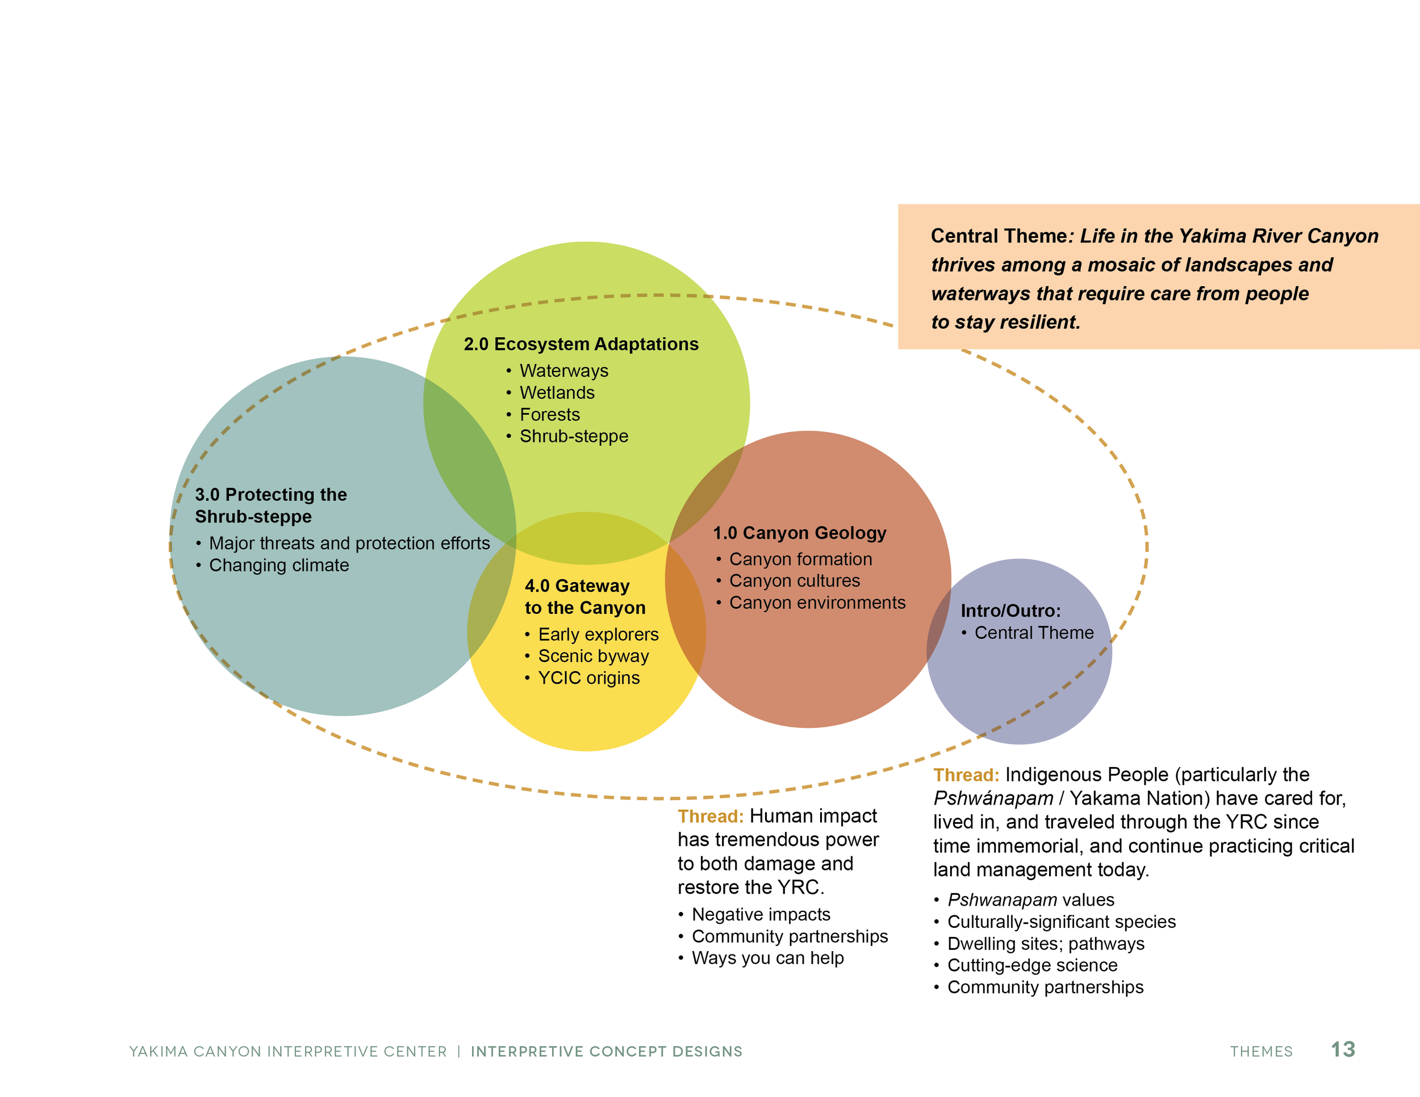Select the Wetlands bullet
557,392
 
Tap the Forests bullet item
549,414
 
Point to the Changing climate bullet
278,566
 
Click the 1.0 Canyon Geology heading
799,533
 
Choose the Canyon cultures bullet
794,580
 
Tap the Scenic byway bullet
593,656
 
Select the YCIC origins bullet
588,678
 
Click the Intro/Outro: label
1010,611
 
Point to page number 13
1343,1049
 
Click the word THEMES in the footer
1261,1052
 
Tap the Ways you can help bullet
767,958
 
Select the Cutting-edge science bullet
1032,965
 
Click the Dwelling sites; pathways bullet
1046,944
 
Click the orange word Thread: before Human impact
710,817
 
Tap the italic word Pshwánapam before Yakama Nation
993,798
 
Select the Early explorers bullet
598,634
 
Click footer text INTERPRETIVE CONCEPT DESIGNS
606,1052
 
